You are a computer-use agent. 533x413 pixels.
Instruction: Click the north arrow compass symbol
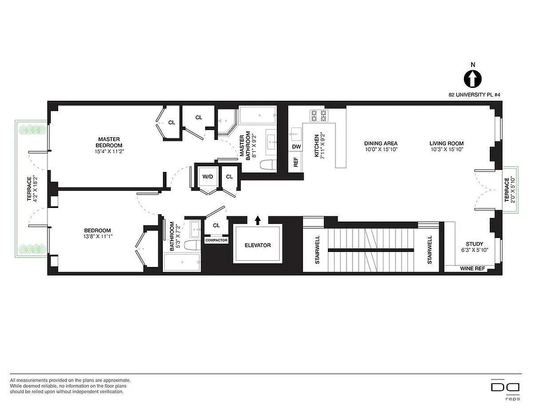click(x=472, y=79)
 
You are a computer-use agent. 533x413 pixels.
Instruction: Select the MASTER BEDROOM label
click(x=109, y=142)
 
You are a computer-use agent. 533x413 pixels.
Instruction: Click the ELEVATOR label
click(x=258, y=245)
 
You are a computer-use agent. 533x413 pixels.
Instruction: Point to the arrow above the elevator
click(x=258, y=220)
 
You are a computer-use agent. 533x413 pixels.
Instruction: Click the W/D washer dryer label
click(x=208, y=177)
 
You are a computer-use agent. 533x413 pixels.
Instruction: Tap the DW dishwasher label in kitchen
click(x=296, y=147)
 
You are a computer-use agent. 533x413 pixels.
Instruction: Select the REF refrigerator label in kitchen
click(x=296, y=162)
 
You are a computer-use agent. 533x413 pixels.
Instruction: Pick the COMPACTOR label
click(x=216, y=240)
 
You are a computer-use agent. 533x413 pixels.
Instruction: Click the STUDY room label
click(x=474, y=244)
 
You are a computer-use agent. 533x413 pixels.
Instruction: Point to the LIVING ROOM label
click(x=446, y=144)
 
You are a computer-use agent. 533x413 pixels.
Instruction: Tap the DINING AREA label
click(x=380, y=144)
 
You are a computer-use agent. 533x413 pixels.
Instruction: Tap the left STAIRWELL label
click(x=318, y=250)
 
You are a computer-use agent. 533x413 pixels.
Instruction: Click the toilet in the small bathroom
click(x=192, y=246)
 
